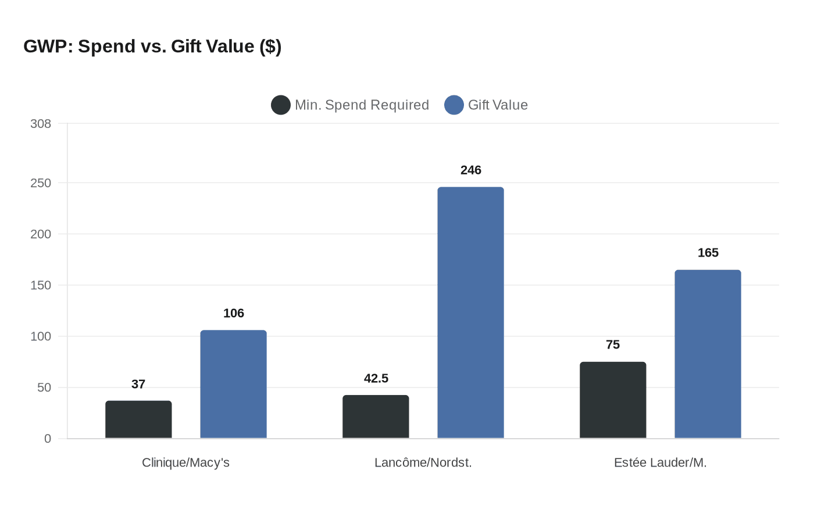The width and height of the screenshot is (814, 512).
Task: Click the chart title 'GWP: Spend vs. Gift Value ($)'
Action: click(x=152, y=46)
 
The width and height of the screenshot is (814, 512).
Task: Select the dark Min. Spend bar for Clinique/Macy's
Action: click(x=138, y=419)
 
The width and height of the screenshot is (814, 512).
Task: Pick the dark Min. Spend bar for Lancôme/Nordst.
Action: click(x=376, y=417)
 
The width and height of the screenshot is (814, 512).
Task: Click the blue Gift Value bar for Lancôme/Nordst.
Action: click(x=470, y=312)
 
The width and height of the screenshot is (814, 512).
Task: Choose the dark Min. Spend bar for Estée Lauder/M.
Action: click(x=613, y=400)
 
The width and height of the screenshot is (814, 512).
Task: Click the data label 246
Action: click(x=470, y=170)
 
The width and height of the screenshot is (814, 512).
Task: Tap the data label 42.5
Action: click(x=376, y=378)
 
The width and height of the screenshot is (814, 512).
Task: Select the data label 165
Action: click(x=708, y=253)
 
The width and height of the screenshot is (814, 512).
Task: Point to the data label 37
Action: click(x=138, y=384)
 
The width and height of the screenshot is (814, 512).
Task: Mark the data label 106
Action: click(x=233, y=313)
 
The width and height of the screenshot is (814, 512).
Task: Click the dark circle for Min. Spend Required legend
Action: click(x=281, y=105)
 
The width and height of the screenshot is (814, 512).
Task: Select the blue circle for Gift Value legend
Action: click(x=454, y=105)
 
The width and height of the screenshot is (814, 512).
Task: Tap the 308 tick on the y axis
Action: click(x=41, y=123)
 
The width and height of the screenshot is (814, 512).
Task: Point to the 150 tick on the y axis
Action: click(x=41, y=285)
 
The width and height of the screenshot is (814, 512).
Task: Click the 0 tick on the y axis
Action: click(x=48, y=439)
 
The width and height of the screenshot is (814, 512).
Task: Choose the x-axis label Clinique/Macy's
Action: click(x=185, y=463)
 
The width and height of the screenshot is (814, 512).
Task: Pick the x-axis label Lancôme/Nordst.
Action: click(x=423, y=463)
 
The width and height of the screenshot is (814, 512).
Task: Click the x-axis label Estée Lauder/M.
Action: click(x=660, y=463)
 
